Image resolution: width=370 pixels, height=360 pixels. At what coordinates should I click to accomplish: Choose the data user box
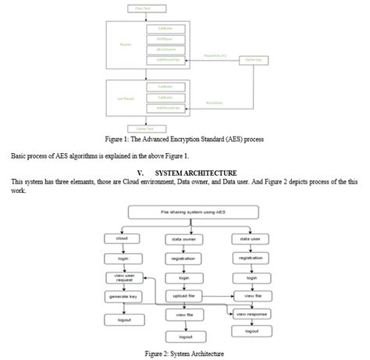pos(251,237)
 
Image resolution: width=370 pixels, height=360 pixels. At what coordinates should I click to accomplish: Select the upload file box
pos(185,297)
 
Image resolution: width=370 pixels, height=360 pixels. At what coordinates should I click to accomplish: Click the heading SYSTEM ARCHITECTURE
pos(194,173)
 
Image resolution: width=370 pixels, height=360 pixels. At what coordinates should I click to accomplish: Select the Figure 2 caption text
pos(184,352)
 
